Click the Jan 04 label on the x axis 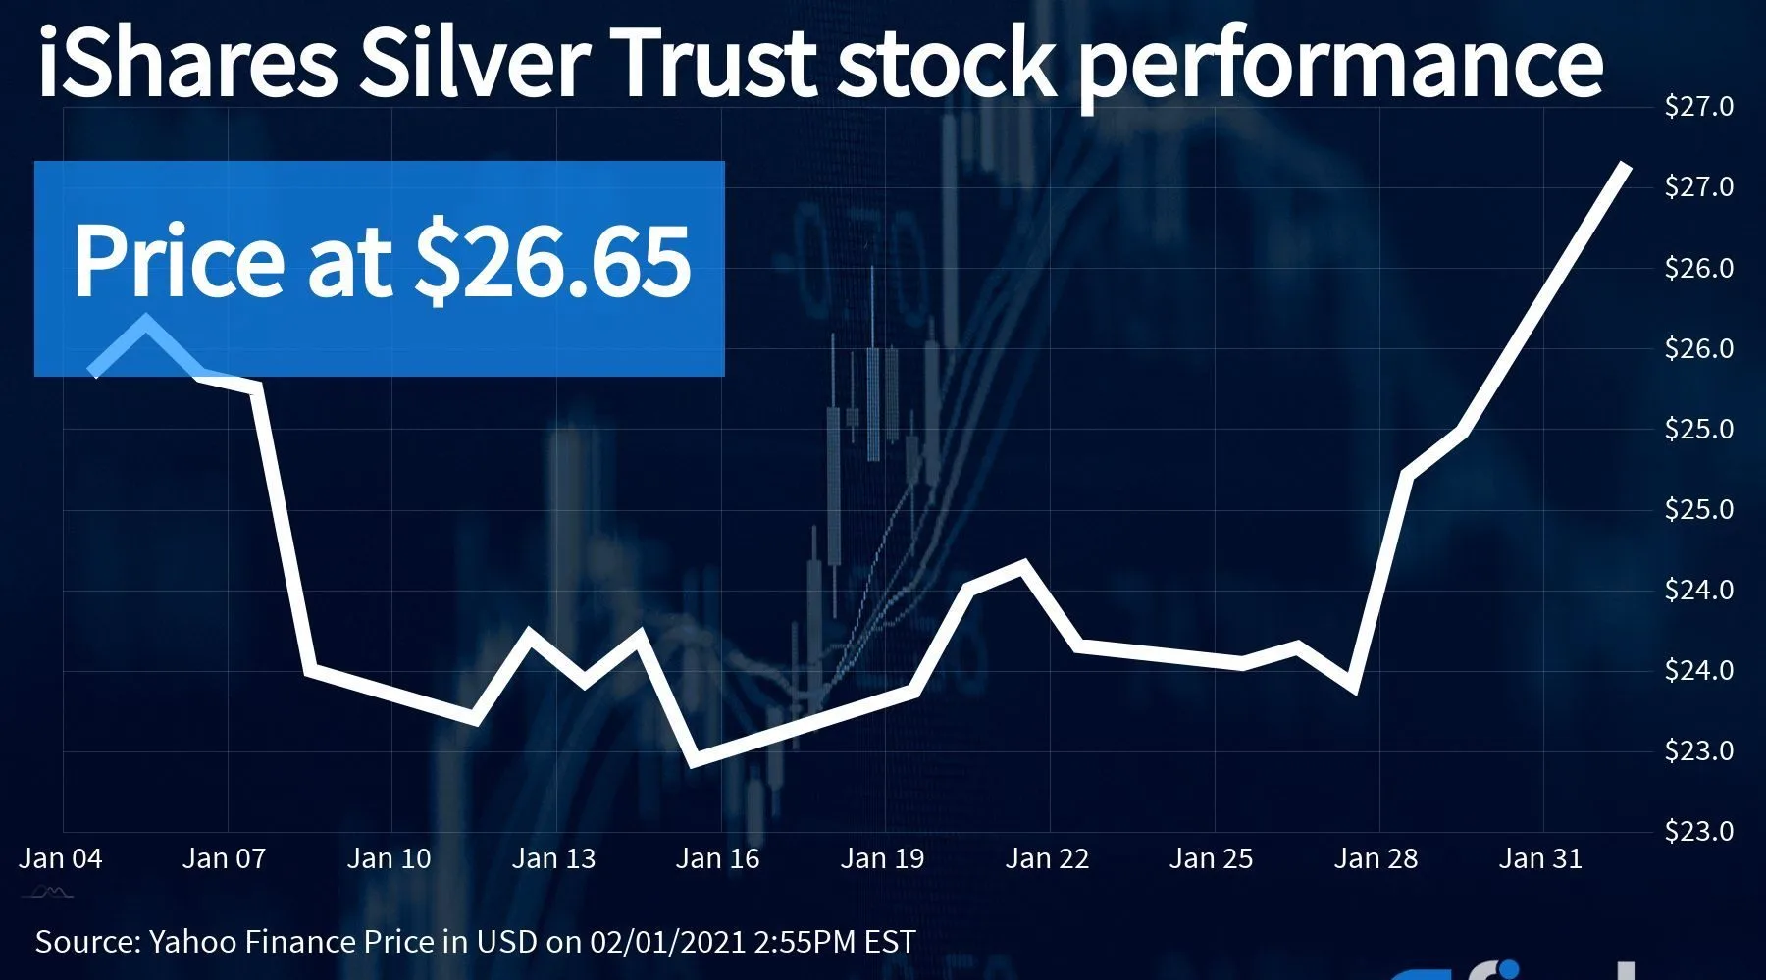pyautogui.click(x=61, y=859)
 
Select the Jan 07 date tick pyautogui.click(x=225, y=859)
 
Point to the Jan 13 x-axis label pyautogui.click(x=553, y=859)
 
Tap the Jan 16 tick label pyautogui.click(x=718, y=859)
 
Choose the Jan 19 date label pyautogui.click(x=882, y=859)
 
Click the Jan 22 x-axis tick pyautogui.click(x=1047, y=859)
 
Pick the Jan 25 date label pyautogui.click(x=1211, y=859)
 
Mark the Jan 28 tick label pyautogui.click(x=1376, y=859)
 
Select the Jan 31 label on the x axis pyautogui.click(x=1540, y=859)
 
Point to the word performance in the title pyautogui.click(x=1340, y=65)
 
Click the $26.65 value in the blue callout pyautogui.click(x=553, y=261)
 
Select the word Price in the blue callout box pyautogui.click(x=179, y=261)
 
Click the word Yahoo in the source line pyautogui.click(x=192, y=942)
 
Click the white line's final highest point pyautogui.click(x=1627, y=166)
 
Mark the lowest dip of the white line pyautogui.click(x=694, y=761)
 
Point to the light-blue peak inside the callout pyautogui.click(x=146, y=322)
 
